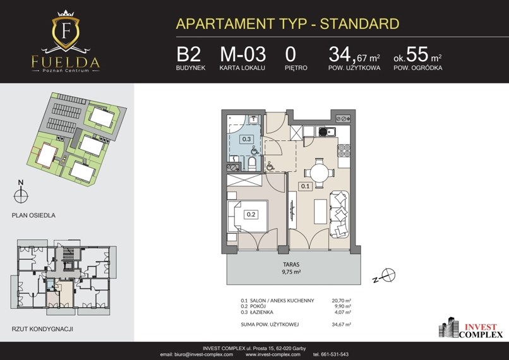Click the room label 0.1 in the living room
point(305,186)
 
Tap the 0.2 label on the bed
point(251,214)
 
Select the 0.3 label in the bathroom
point(246,139)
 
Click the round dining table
point(320,172)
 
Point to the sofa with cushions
point(339,214)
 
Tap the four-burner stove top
point(344,150)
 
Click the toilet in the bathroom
point(253,164)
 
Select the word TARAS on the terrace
point(291,265)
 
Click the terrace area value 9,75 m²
point(291,272)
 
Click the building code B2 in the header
point(189,54)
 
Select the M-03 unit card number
point(243,54)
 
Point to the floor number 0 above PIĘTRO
point(290,54)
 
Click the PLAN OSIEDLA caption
point(33,215)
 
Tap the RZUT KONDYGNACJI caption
point(42,329)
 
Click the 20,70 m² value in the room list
point(341,301)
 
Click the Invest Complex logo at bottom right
point(470,328)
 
